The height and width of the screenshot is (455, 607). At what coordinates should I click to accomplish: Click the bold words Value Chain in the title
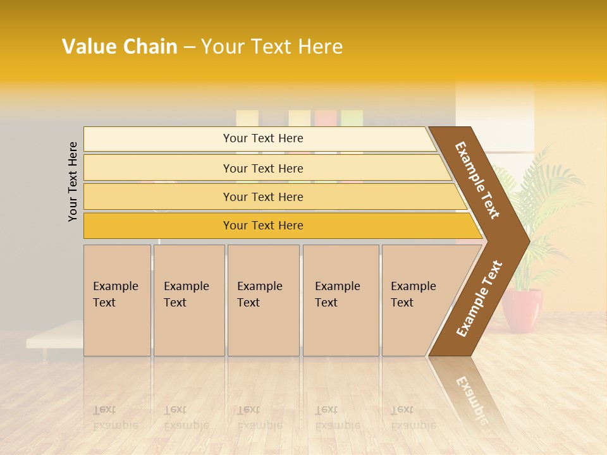120,47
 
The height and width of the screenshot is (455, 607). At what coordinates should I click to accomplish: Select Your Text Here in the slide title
272,47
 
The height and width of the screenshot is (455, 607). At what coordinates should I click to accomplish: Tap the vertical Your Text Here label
73,181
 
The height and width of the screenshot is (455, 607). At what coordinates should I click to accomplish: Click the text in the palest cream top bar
263,138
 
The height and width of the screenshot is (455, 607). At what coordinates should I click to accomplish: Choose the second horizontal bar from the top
263,168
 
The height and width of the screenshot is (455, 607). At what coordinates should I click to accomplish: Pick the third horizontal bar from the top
263,197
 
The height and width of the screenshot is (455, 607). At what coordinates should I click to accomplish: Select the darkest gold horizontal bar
263,226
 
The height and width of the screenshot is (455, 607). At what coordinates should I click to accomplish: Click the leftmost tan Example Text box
117,300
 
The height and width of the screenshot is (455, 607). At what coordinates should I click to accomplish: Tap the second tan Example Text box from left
188,300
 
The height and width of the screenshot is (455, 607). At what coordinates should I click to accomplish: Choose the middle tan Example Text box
263,300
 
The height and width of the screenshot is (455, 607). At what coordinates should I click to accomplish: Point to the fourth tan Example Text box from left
340,300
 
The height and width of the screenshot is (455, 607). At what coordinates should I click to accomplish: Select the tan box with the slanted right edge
417,300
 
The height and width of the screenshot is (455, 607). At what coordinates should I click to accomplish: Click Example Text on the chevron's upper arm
477,180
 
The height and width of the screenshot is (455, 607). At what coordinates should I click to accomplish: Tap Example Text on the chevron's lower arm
479,298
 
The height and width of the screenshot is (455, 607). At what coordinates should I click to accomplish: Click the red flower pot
523,310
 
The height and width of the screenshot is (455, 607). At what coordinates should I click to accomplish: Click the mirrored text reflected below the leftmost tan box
115,417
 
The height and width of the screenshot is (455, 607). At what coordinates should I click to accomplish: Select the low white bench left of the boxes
54,335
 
